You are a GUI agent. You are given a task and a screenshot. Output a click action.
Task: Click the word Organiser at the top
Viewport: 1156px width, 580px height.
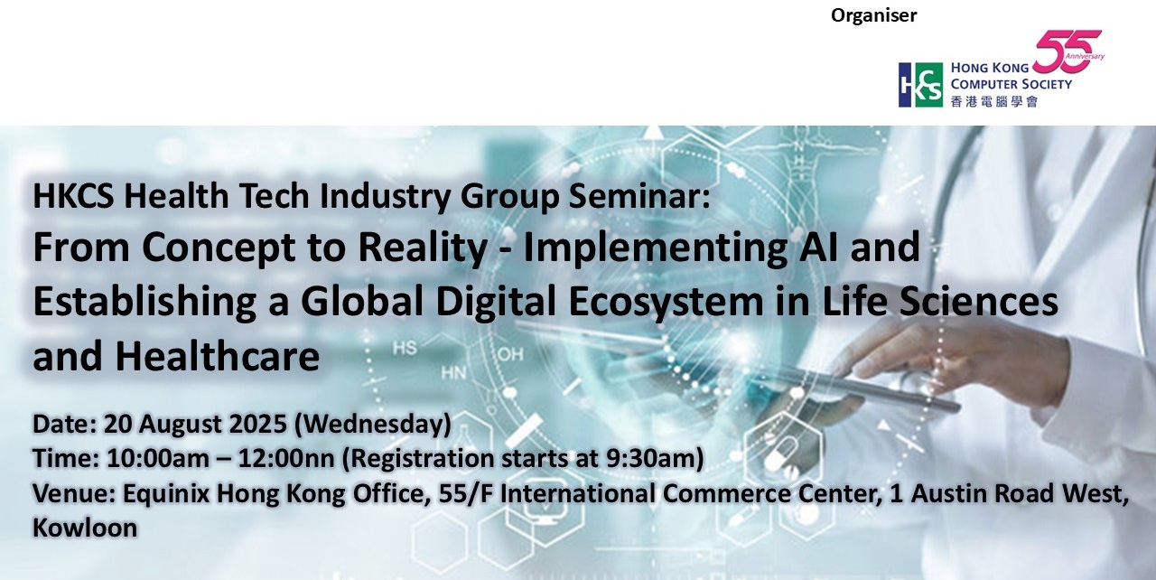[x=873, y=15]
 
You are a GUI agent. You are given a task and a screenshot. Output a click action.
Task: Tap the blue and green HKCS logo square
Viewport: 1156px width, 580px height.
[x=920, y=85]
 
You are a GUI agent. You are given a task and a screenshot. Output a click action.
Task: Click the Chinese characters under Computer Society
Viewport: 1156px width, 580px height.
[x=994, y=101]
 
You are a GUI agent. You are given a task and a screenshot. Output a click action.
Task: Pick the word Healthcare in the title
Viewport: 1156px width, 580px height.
[x=218, y=356]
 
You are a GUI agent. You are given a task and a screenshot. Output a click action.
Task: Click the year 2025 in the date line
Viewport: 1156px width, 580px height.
[x=257, y=425]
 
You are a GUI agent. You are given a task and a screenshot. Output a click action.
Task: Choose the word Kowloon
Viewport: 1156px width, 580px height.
[x=85, y=528]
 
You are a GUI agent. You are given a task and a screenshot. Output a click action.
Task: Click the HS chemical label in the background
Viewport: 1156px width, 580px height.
[x=405, y=348]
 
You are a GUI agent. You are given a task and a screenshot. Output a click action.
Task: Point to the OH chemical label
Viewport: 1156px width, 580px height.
[x=511, y=354]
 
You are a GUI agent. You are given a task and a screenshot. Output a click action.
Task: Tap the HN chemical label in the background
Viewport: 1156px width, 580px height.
[x=453, y=372]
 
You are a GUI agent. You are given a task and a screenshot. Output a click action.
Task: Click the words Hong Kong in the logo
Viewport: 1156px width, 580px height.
[x=990, y=68]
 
